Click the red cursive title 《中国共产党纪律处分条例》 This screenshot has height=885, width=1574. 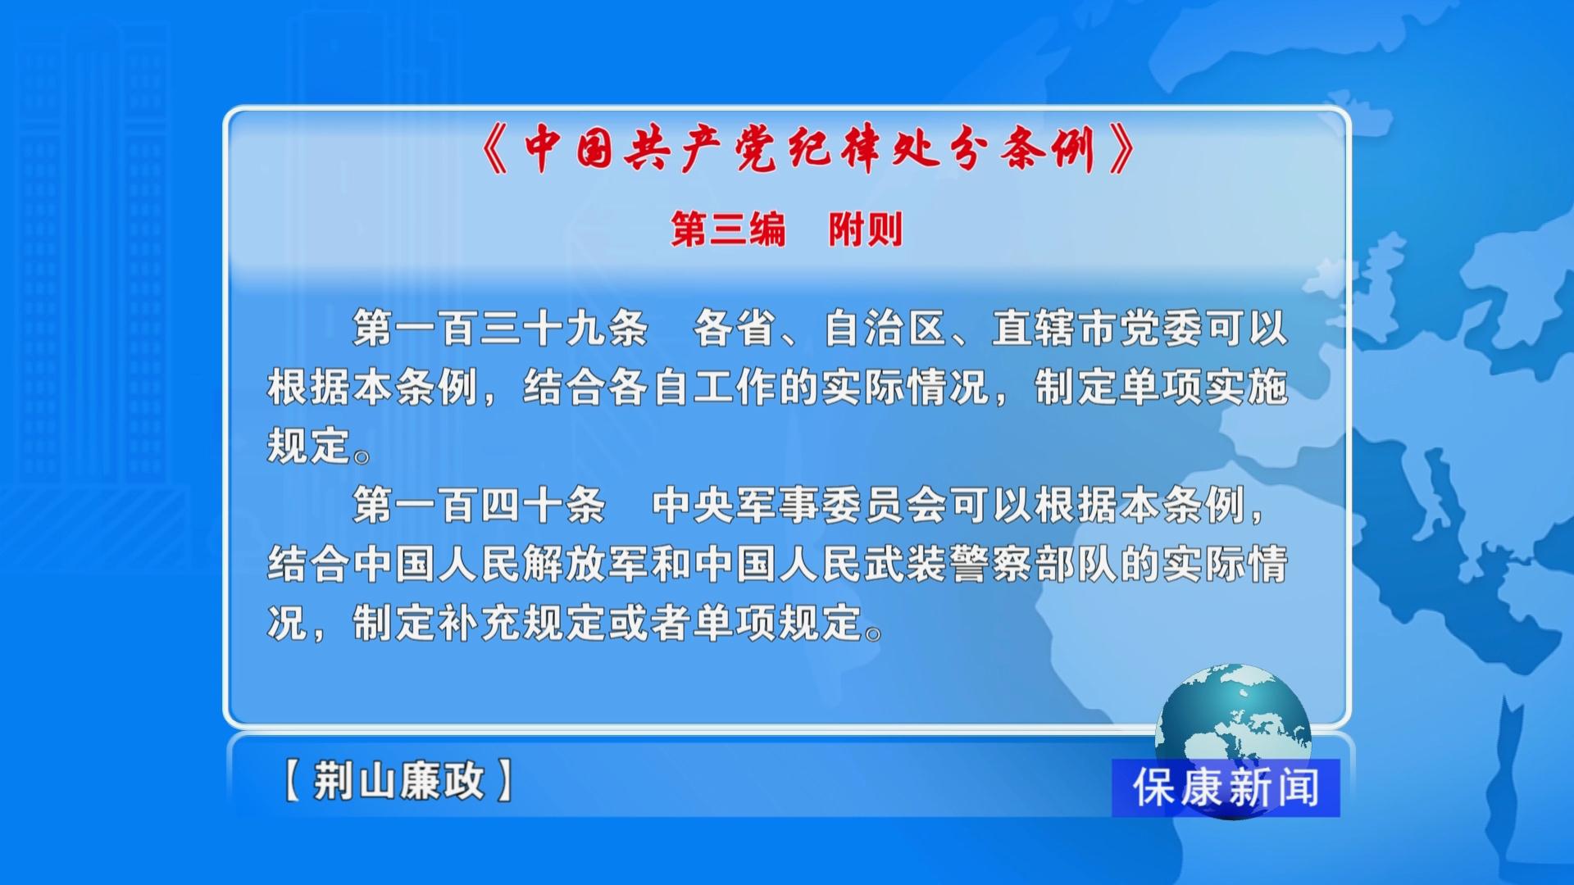(808, 149)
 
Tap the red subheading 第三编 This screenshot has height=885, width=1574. (729, 229)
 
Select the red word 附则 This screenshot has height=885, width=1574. (866, 229)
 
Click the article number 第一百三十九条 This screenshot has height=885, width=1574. (501, 329)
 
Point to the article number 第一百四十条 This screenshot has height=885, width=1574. (480, 505)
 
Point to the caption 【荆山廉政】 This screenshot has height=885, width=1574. (398, 780)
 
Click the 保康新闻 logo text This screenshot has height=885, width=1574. (1226, 788)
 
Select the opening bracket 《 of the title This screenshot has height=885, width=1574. (496, 149)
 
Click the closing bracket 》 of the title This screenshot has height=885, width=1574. (1121, 149)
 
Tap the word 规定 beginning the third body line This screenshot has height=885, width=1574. (310, 446)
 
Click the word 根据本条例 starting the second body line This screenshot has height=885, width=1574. (373, 387)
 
